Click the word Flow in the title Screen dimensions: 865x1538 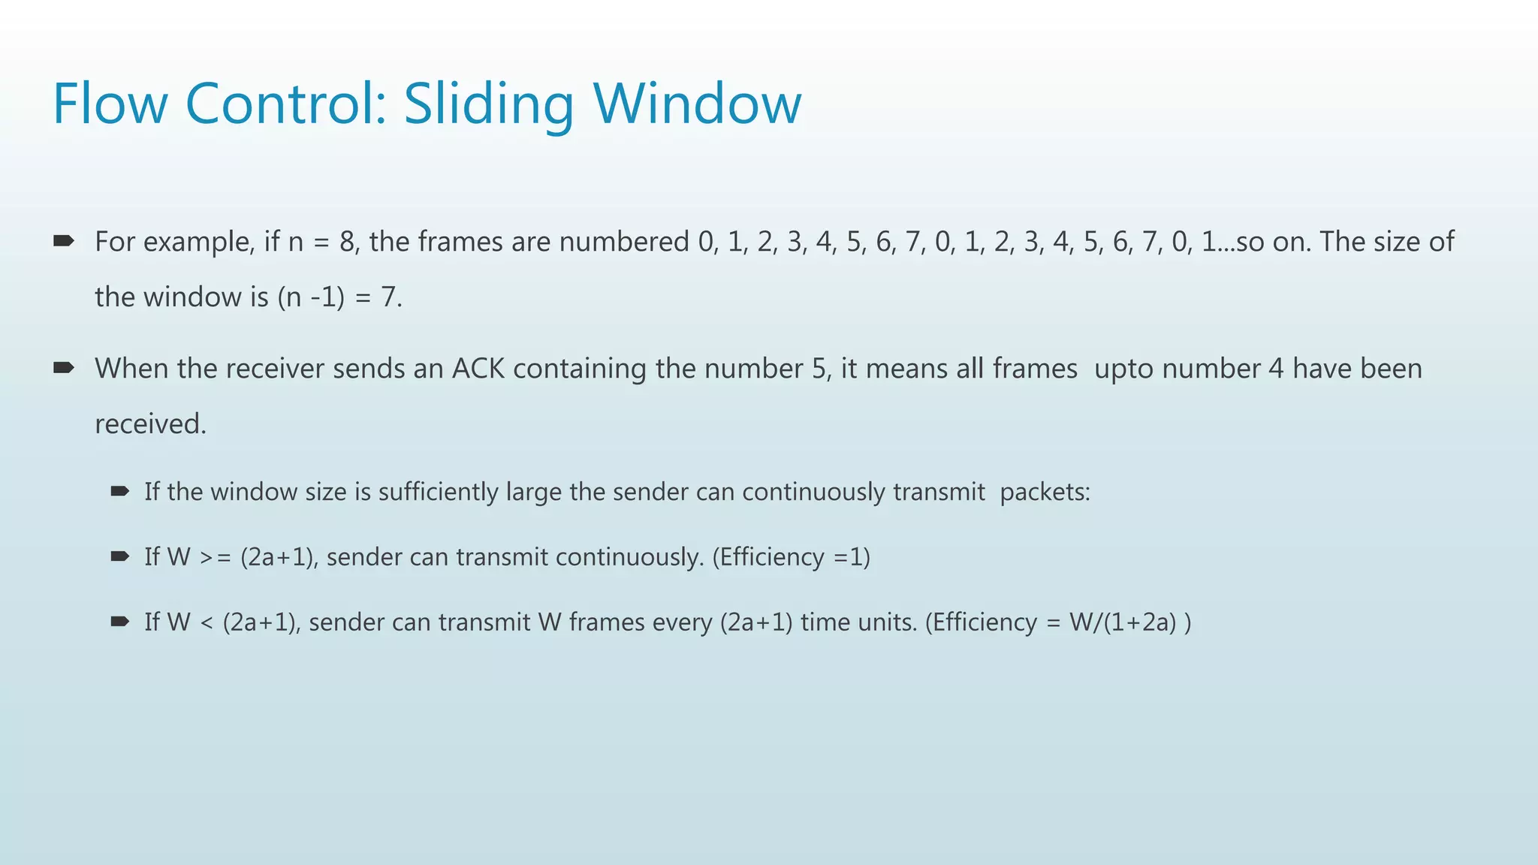(110, 104)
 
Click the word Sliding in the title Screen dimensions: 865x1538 (489, 104)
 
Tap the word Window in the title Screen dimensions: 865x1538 (698, 104)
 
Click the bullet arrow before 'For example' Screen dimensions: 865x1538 (63, 241)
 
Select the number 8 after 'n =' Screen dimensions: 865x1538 (346, 242)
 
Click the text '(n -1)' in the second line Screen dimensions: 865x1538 (311, 297)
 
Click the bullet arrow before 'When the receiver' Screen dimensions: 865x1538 (63, 368)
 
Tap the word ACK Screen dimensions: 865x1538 (478, 369)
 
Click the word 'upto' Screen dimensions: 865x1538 (1123, 369)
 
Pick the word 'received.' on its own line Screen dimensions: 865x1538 (150, 424)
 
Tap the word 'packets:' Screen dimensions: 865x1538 (1045, 492)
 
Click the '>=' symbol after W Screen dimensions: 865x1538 (215, 557)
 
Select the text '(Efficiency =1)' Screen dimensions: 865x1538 (791, 557)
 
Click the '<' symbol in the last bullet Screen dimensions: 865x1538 (207, 622)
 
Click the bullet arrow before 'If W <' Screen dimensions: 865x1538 (119, 622)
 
